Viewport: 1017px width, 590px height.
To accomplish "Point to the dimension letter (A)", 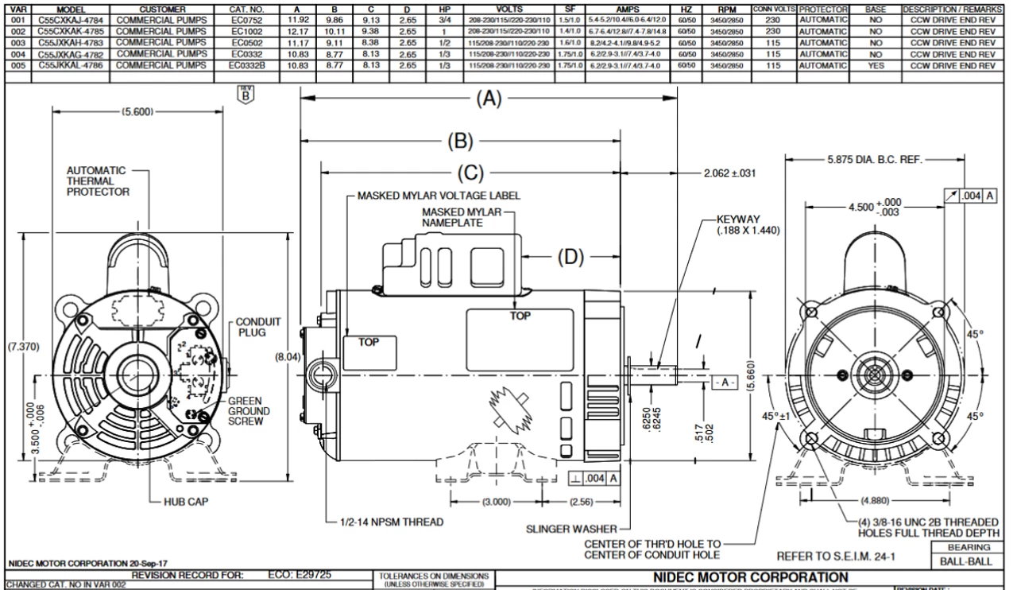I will point(488,99).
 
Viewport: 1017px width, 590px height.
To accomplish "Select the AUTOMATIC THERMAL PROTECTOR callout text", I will point(96,181).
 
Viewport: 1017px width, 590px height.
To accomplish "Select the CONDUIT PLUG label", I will point(257,327).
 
